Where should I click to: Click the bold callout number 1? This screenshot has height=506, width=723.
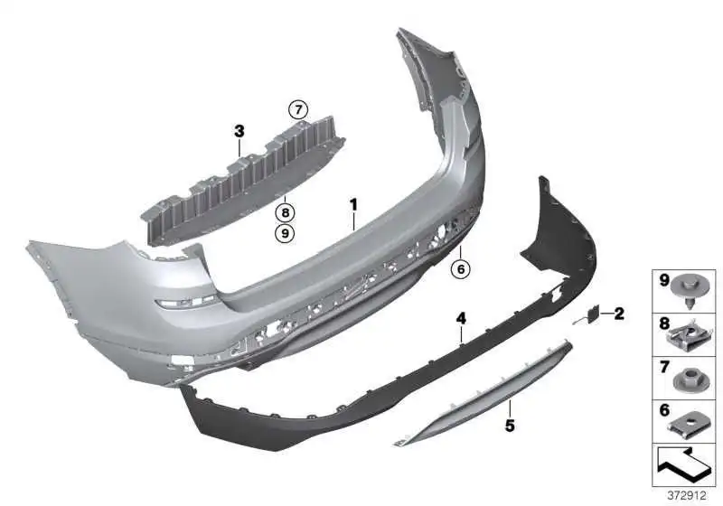click(x=353, y=204)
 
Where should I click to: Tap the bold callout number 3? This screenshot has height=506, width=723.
click(x=239, y=131)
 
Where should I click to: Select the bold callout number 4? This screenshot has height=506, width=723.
click(x=461, y=317)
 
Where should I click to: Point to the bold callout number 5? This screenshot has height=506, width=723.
click(x=510, y=426)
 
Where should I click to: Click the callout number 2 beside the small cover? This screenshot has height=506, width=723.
click(x=619, y=314)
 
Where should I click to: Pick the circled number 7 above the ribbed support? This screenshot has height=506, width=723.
click(x=298, y=110)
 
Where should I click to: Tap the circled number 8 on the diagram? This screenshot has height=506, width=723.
click(x=285, y=212)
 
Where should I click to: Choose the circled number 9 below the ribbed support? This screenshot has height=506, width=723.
click(x=285, y=233)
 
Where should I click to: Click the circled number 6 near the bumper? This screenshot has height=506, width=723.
click(x=461, y=268)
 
